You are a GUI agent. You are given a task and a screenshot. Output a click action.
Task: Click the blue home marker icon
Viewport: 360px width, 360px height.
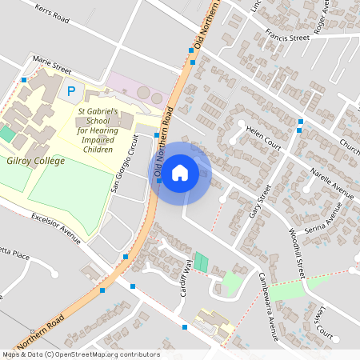coord(180,172)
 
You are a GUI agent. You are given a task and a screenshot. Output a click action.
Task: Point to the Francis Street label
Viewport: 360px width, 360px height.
coord(288,37)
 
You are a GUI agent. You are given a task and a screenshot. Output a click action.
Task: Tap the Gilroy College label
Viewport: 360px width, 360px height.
coord(35,161)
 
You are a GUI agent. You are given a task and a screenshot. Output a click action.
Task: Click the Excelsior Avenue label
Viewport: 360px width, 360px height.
coord(57,226)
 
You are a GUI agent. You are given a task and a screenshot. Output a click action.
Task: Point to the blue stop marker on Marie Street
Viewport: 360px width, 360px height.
coord(25,80)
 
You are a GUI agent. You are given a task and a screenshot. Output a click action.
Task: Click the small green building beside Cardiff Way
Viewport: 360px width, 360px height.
coord(201,261)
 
